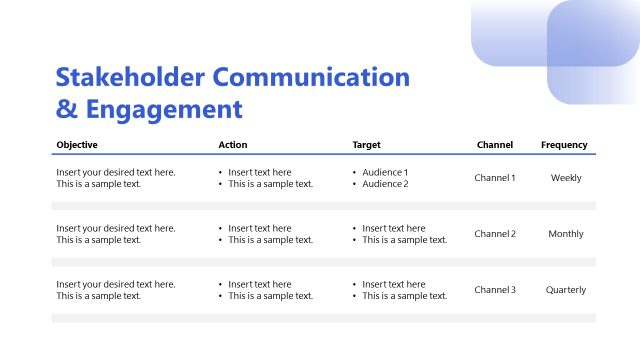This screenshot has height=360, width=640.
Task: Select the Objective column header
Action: point(77,145)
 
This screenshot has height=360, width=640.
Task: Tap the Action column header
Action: point(232,145)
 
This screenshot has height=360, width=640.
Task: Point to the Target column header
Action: point(366,145)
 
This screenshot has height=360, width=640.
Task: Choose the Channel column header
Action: point(495,145)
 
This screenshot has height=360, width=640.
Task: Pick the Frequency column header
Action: point(564,145)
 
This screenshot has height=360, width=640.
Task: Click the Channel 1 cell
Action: point(495,178)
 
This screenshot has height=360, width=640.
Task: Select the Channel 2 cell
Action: point(495,234)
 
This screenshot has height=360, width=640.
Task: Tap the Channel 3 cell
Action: point(495,290)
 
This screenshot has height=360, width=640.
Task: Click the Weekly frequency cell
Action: point(566,178)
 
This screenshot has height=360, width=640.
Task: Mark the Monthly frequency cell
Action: point(566,234)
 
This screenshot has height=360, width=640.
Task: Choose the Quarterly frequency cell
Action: point(566,290)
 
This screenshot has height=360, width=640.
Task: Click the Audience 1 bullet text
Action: point(385,172)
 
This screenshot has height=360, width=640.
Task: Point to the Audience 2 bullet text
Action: point(385,184)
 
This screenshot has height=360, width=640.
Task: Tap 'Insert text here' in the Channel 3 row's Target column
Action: point(393,284)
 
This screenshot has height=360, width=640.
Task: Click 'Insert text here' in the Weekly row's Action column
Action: point(260,172)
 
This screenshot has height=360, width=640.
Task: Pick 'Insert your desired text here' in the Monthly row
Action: point(116,228)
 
